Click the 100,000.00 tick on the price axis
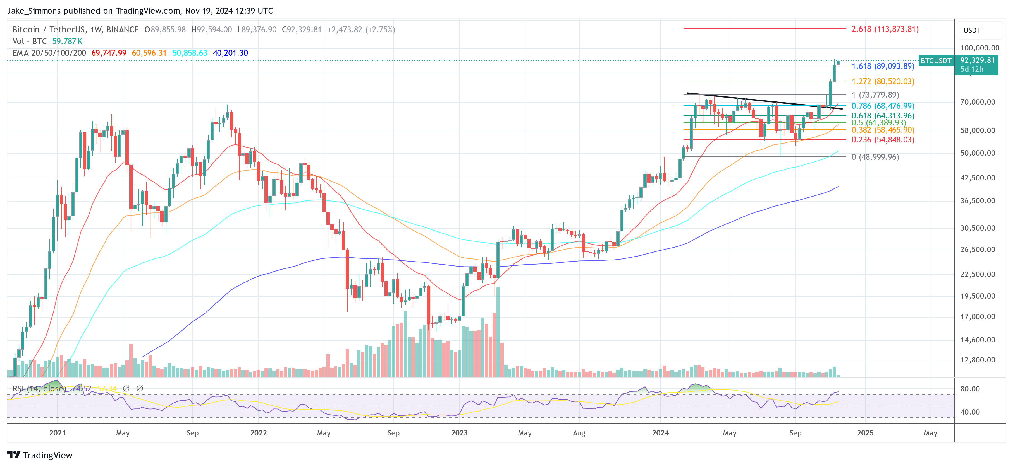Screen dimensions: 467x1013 click(979, 48)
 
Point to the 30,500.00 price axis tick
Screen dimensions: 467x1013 click(978, 228)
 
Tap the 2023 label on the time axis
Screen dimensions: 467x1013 click(459, 433)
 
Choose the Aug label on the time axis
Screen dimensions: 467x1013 click(579, 433)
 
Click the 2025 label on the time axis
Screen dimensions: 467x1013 click(865, 433)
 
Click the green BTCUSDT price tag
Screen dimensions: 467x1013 click(936, 61)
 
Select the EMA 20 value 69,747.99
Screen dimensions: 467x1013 click(109, 53)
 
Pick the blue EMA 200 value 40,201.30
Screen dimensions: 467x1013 click(230, 53)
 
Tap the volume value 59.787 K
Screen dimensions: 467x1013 click(67, 41)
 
